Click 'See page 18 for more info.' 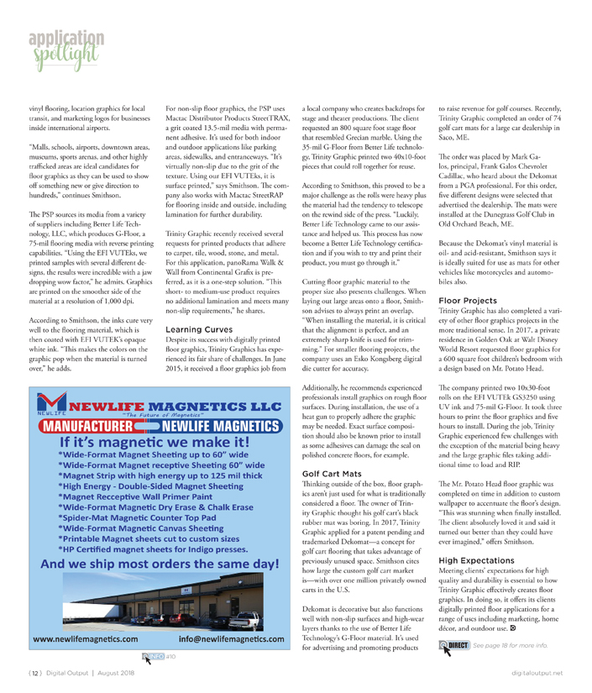click(x=511, y=646)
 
